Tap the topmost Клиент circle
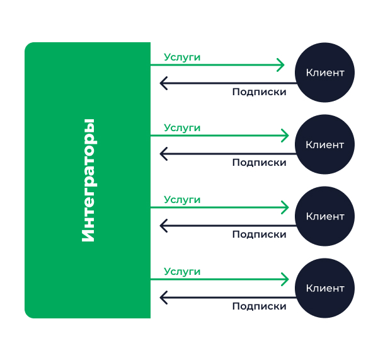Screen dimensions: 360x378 pyautogui.click(x=325, y=73)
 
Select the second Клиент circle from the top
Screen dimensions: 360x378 pyautogui.click(x=325, y=144)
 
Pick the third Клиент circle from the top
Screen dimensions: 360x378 pyautogui.click(x=325, y=216)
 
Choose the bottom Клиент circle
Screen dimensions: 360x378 pyautogui.click(x=325, y=288)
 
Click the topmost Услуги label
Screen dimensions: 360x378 pyautogui.click(x=182, y=57)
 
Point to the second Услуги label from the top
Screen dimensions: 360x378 pyautogui.click(x=182, y=128)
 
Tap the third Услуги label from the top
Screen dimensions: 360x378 pyautogui.click(x=182, y=200)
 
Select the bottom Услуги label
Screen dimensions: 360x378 pyautogui.click(x=182, y=272)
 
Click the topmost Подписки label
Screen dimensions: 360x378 pyautogui.click(x=259, y=92)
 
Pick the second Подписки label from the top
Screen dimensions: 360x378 pyautogui.click(x=259, y=163)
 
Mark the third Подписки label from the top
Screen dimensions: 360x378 pyautogui.click(x=259, y=235)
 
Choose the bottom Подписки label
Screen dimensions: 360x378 pyautogui.click(x=259, y=306)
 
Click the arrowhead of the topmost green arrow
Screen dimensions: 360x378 pyautogui.click(x=285, y=64)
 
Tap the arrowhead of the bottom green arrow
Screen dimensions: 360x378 pyautogui.click(x=285, y=279)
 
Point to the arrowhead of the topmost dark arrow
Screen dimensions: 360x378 pyautogui.click(x=163, y=83)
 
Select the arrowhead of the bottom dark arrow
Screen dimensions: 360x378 pyautogui.click(x=163, y=297)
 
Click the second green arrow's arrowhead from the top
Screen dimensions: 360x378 pyautogui.click(x=285, y=136)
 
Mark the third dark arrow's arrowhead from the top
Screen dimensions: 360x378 pyautogui.click(x=163, y=225)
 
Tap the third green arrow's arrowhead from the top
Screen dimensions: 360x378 pyautogui.click(x=285, y=207)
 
